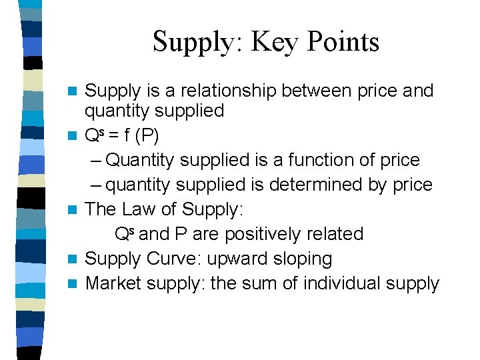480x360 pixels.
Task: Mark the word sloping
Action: pos(303,259)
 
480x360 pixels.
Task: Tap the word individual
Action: pos(341,283)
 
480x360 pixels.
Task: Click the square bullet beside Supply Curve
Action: pos(75,259)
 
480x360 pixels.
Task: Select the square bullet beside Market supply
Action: pos(75,284)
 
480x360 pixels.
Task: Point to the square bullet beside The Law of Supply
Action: pos(75,210)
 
